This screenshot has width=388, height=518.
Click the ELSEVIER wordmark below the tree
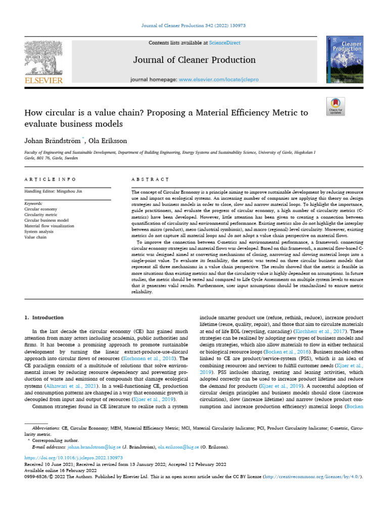tap(43, 80)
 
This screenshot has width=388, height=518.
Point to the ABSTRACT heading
tap(150, 179)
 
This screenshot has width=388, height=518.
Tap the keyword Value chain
tap(35, 237)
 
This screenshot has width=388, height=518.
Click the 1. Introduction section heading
tap(44, 318)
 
